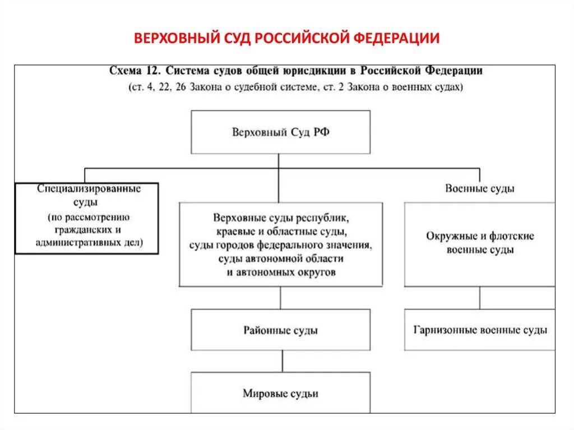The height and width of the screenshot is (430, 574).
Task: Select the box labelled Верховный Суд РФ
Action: [280, 132]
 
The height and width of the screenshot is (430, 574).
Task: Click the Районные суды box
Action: [280, 330]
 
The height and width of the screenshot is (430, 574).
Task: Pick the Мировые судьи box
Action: [280, 393]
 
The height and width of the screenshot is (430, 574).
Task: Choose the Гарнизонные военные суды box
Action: [480, 330]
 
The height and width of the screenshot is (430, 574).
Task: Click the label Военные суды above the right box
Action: [480, 188]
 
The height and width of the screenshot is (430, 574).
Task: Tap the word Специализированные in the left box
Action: [89, 188]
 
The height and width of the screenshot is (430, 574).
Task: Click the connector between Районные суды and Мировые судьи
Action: [282, 362]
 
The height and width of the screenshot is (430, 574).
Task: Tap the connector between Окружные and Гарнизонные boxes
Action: [480, 298]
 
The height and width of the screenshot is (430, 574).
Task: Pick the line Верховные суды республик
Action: [281, 217]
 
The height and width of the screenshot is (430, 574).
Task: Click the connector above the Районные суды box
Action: [280, 298]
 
